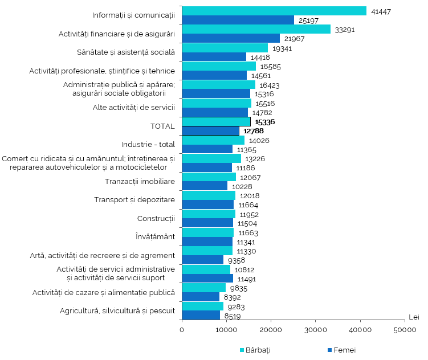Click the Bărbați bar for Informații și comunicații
[x=274, y=11]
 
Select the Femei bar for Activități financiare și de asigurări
[x=231, y=38]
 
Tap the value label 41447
[x=380, y=11]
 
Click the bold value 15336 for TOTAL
[x=265, y=122]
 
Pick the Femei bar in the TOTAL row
[x=210, y=131]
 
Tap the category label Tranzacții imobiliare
[x=140, y=181]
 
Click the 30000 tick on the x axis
[x=315, y=330]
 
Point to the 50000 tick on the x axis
[x=405, y=330]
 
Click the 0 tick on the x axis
[x=182, y=330]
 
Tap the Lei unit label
[x=414, y=317]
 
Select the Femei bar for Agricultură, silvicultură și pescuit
[x=201, y=315]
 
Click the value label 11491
[x=247, y=279]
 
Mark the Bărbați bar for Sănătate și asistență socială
[x=225, y=48]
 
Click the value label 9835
[x=238, y=288]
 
